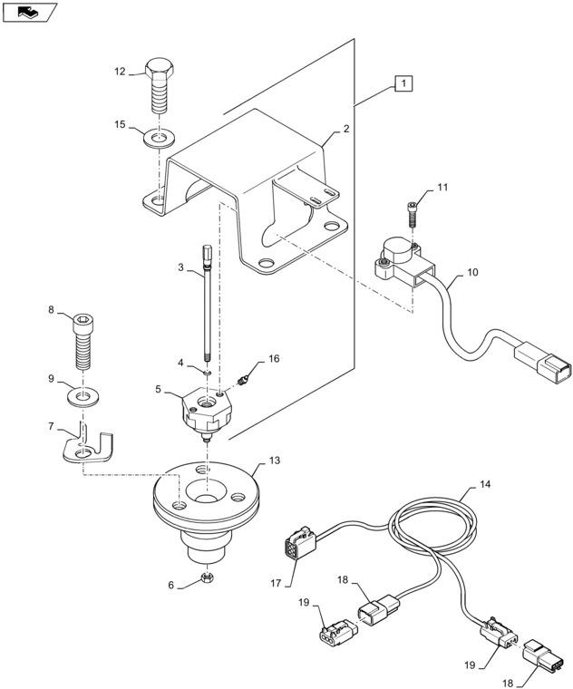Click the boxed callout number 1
pyautogui.click(x=403, y=84)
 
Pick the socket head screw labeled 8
pyautogui.click(x=82, y=340)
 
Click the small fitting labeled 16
pyautogui.click(x=243, y=377)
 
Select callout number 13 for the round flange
pyautogui.click(x=274, y=461)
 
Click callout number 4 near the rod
pyautogui.click(x=180, y=363)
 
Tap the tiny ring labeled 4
pyautogui.click(x=208, y=370)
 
